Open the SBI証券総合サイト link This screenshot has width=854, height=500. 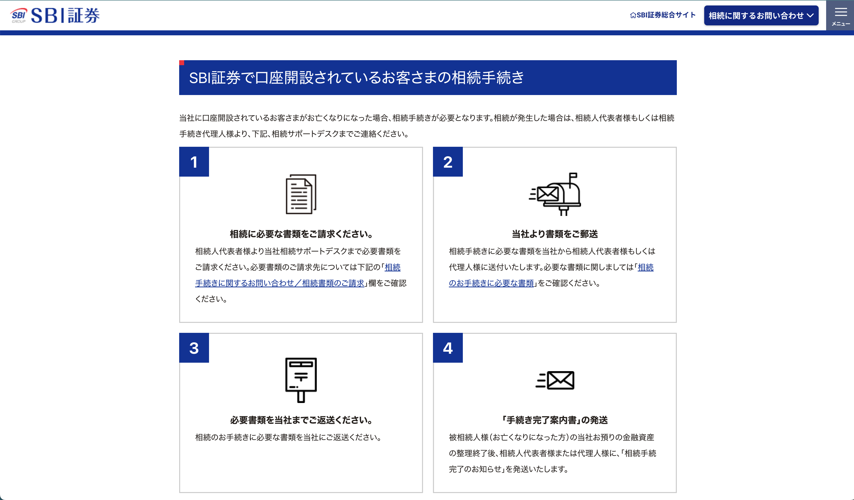tap(663, 15)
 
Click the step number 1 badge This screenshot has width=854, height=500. tap(194, 162)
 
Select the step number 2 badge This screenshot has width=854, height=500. tap(448, 162)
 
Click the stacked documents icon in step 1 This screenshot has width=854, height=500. tap(301, 194)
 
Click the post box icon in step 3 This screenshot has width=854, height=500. tap(301, 380)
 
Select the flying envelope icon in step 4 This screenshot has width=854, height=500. tap(555, 380)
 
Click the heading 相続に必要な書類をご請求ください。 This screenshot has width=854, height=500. tap(301, 234)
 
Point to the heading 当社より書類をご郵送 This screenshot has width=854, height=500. tap(555, 234)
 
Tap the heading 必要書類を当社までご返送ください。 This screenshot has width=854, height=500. tap(301, 420)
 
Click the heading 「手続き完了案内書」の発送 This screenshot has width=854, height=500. tap(555, 420)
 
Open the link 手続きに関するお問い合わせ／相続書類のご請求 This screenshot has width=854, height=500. tap(280, 283)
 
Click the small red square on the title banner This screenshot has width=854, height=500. tap(182, 63)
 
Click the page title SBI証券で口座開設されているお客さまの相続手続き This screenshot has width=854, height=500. tap(357, 78)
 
